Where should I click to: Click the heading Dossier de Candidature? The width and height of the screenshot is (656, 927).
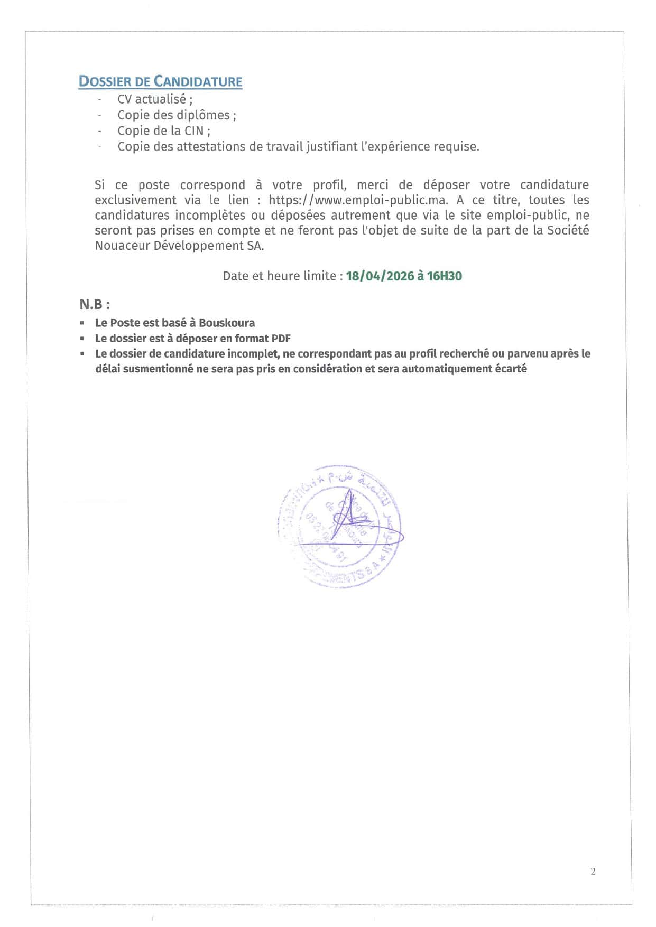(x=160, y=81)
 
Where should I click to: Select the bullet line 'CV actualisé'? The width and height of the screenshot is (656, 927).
(x=154, y=99)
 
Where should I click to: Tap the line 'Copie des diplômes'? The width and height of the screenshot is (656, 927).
(x=177, y=115)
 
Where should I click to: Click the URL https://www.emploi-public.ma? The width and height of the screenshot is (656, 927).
(x=358, y=200)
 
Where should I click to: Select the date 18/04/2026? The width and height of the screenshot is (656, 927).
(x=380, y=276)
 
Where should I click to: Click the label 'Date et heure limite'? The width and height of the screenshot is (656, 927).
(x=280, y=276)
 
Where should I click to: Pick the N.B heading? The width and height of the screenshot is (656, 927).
(x=95, y=304)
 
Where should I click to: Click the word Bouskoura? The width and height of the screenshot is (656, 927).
(x=227, y=323)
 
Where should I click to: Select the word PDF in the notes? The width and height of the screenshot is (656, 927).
(x=281, y=338)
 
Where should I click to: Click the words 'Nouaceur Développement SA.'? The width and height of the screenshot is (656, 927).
(x=179, y=246)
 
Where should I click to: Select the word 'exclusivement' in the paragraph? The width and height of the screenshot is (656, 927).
(x=135, y=200)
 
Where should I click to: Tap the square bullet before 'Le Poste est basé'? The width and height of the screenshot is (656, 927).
(x=82, y=323)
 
